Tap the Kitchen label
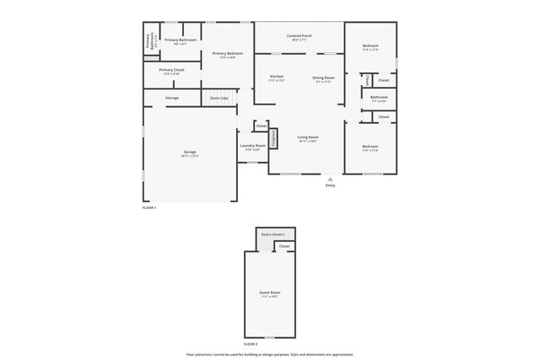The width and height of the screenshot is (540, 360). click(x=277, y=77)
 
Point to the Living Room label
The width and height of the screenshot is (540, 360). click(x=307, y=137)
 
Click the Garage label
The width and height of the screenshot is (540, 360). click(x=190, y=153)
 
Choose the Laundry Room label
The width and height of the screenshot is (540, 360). click(x=253, y=146)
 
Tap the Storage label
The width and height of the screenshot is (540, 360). click(x=171, y=99)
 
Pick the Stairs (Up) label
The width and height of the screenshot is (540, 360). click(x=219, y=99)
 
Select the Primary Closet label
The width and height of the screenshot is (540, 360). click(x=171, y=70)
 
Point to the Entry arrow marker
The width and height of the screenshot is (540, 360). click(x=330, y=178)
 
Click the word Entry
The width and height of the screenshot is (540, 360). click(x=330, y=185)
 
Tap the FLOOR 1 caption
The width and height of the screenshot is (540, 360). click(x=149, y=207)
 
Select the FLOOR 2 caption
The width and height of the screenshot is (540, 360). click(x=251, y=344)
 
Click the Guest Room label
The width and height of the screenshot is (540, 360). click(x=270, y=293)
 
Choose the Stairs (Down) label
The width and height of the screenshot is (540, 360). click(x=273, y=234)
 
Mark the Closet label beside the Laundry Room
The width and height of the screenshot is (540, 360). click(x=262, y=126)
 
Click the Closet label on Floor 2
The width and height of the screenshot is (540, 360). click(x=284, y=246)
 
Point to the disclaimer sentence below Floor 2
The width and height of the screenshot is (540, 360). click(x=270, y=354)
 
